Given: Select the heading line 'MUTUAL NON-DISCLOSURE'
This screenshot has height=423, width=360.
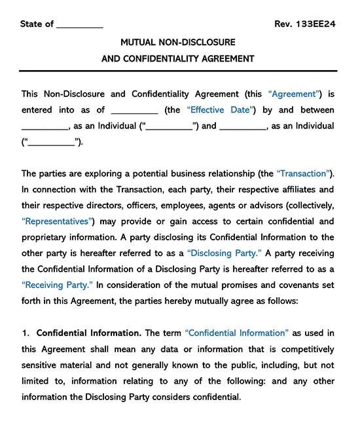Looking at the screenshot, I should (177, 42).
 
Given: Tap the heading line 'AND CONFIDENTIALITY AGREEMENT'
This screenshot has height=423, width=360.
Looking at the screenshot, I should (177, 58).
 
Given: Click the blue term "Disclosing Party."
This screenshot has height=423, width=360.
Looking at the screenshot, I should (225, 253).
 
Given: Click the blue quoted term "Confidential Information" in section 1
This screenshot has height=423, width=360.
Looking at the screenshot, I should (236, 333).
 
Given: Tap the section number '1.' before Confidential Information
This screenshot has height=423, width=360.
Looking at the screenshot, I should (26, 333).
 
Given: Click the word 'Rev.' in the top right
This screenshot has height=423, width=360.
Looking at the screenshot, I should (283, 24).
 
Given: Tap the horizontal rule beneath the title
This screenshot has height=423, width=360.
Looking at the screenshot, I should (177, 71).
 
